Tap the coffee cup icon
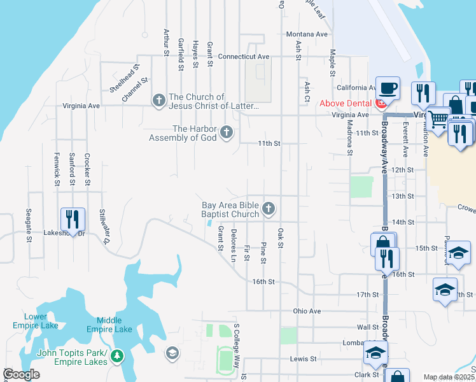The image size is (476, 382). [x=387, y=87]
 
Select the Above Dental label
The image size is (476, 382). [x=347, y=103]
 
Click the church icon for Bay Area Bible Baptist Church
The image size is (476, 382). [x=269, y=208]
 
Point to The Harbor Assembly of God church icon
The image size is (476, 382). [x=225, y=132]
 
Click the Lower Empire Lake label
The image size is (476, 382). [x=36, y=321]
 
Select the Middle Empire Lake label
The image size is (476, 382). [x=115, y=325]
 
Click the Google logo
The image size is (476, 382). [x=22, y=374]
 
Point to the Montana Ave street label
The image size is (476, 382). [x=307, y=34]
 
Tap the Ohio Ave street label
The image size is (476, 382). [x=307, y=311]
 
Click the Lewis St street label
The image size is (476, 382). [x=303, y=358]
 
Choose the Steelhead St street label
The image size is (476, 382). [x=124, y=79]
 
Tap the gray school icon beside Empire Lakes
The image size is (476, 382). [x=171, y=353]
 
